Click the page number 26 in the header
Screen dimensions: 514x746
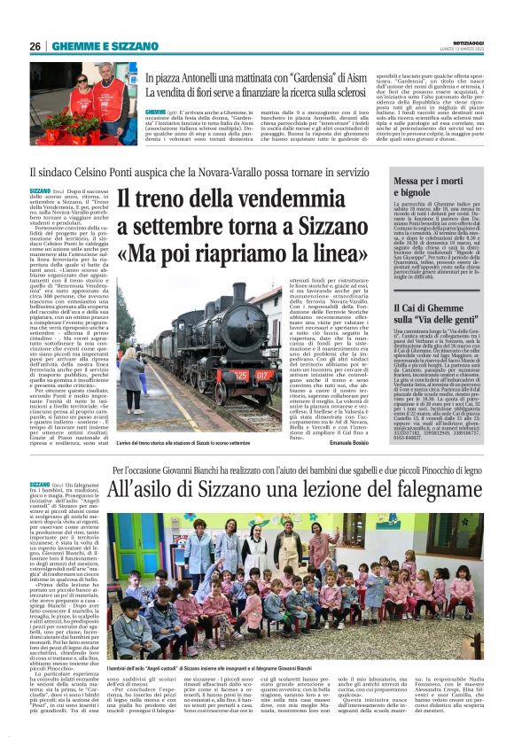coord(35,46)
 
